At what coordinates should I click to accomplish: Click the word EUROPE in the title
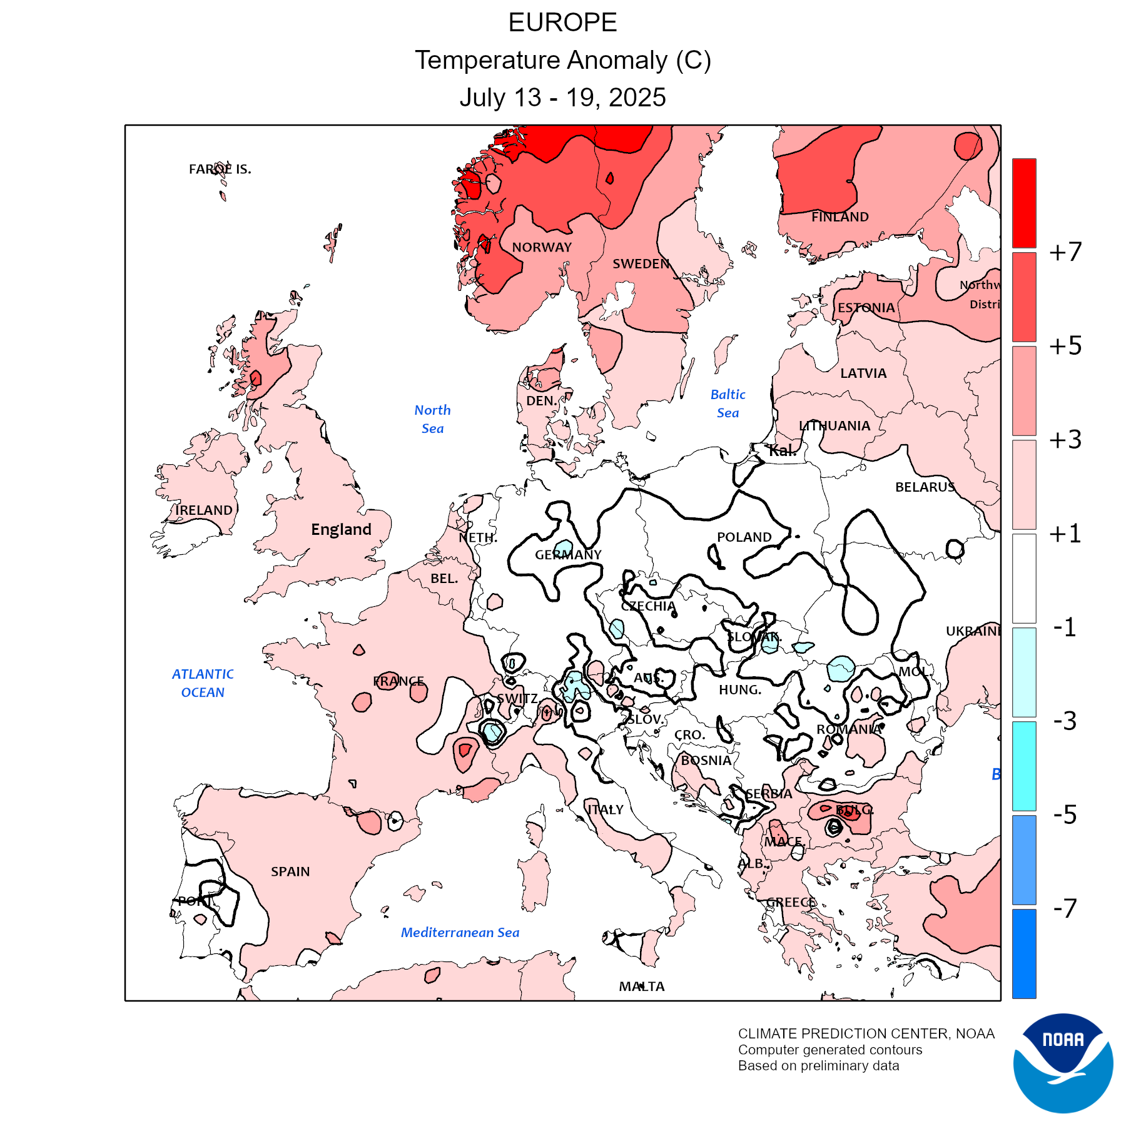click(562, 23)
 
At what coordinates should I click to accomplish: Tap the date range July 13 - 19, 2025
click(562, 98)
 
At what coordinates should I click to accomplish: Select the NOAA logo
click(1063, 1063)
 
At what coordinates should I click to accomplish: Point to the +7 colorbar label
click(1065, 252)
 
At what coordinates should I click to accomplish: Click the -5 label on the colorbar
click(1065, 814)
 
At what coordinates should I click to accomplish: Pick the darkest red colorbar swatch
click(1024, 203)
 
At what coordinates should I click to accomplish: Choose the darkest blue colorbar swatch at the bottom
click(1024, 953)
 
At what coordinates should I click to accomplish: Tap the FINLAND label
click(839, 217)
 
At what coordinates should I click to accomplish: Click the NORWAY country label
click(542, 248)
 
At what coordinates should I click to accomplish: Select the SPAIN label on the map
click(290, 871)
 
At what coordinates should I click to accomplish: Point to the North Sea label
click(432, 419)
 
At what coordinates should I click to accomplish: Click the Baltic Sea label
click(728, 403)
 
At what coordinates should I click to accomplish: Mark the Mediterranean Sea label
click(460, 933)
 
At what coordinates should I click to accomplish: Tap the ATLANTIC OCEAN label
click(203, 683)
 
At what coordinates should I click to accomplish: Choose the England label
click(341, 530)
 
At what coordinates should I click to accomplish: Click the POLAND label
click(744, 537)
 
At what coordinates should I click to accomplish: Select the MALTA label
click(642, 987)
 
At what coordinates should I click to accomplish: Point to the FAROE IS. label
click(220, 169)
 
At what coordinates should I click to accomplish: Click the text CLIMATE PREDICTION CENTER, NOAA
click(866, 1034)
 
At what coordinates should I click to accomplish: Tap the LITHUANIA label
click(834, 426)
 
